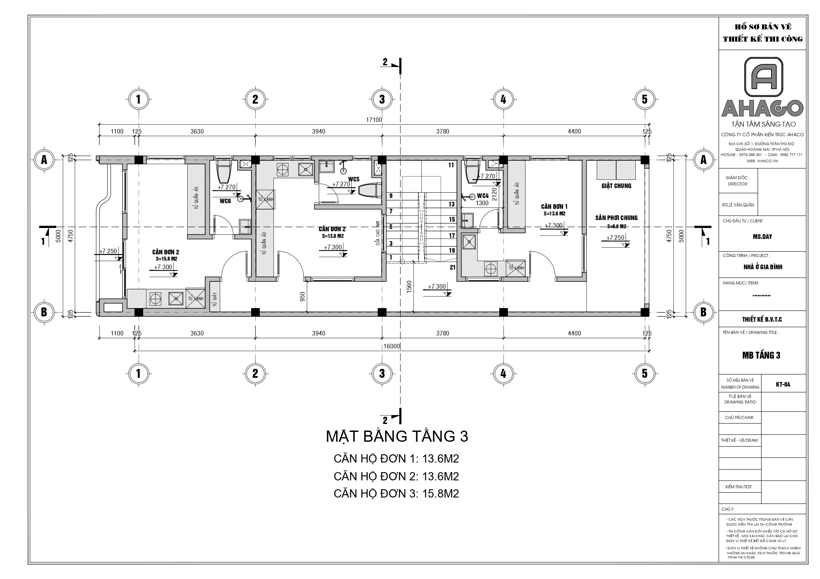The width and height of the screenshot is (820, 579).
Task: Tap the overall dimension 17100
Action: coord(374,120)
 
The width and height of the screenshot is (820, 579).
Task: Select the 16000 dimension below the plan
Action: coord(392,346)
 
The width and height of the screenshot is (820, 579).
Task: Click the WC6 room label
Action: coord(225,201)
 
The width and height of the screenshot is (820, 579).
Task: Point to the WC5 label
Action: coord(354,179)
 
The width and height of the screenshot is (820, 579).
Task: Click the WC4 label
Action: coord(482,196)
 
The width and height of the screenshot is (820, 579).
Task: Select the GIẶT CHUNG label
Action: coord(616,185)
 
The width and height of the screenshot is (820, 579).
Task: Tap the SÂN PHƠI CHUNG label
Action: coord(616,218)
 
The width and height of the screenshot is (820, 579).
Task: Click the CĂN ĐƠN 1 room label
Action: coord(554,207)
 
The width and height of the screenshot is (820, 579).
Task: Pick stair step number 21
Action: coord(453,267)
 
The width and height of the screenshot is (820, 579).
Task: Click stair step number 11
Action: coord(451,165)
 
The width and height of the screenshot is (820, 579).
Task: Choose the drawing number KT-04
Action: coord(783,384)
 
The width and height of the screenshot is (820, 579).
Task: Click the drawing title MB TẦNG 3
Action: coord(761,355)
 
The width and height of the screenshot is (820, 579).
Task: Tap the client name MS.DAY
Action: coord(762,237)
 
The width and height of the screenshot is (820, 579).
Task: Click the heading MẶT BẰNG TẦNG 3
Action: coord(396,436)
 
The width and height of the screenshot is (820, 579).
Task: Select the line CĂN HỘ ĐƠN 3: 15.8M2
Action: coord(396,493)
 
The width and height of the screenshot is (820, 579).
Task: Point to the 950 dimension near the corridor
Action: coord(303,297)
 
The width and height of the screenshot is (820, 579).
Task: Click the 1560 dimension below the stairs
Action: coord(409,287)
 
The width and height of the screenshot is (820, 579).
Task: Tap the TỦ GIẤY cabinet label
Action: coord(215,299)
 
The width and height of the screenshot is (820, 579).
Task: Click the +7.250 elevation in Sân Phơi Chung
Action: coord(615,238)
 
